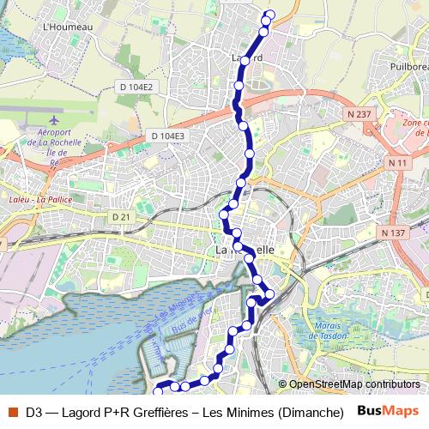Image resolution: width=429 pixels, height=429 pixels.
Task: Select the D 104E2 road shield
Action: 136,87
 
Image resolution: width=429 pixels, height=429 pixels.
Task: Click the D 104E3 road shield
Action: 167,136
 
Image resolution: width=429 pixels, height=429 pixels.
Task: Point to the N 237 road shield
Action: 361,113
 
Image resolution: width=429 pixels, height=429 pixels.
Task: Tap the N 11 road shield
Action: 396,163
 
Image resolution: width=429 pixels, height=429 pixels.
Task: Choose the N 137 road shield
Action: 392,233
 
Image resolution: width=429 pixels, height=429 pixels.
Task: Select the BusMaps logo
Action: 388,412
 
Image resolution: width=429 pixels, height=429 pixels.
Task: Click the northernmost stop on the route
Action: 270,14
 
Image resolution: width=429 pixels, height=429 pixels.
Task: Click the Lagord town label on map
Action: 246,57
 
